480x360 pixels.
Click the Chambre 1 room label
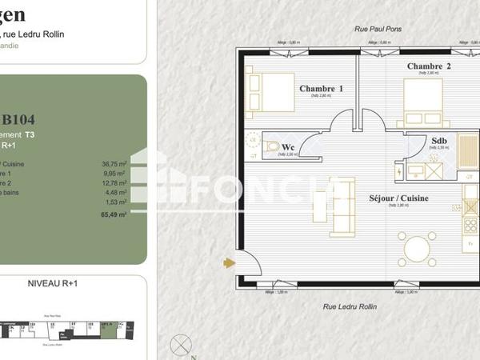click(x=321, y=88)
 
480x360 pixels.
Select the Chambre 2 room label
click(x=429, y=66)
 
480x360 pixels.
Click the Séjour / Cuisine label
click(x=398, y=198)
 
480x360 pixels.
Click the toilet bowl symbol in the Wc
click(x=273, y=146)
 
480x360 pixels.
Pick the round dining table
click(x=420, y=250)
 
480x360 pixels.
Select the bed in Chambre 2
click(x=421, y=102)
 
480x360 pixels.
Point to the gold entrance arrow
click(x=230, y=262)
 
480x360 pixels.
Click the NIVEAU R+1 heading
click(x=52, y=283)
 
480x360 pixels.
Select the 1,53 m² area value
click(x=116, y=203)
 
